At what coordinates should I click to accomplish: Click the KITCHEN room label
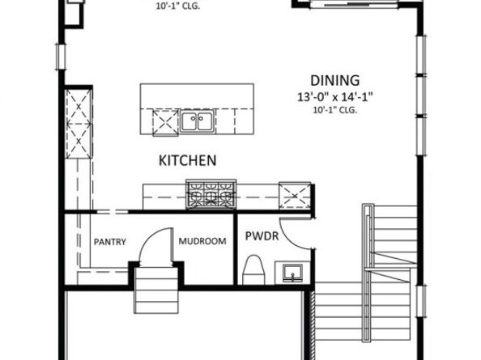tap(187, 160)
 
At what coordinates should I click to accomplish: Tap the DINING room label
tap(335, 81)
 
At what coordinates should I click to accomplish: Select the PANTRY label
tap(110, 242)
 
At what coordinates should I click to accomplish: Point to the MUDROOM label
tap(202, 241)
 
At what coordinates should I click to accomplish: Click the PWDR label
tap(262, 236)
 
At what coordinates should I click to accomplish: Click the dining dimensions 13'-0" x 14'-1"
tap(335, 97)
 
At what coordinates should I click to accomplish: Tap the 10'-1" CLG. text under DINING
tap(335, 110)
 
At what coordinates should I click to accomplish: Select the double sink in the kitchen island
tap(197, 121)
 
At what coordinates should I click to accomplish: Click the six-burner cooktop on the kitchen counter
tap(211, 194)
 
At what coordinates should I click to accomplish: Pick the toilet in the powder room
tap(253, 270)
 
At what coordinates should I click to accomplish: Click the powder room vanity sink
tap(292, 273)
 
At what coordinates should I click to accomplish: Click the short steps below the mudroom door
tap(156, 290)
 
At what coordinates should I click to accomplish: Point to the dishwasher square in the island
tap(165, 122)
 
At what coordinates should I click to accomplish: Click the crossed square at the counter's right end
tap(295, 196)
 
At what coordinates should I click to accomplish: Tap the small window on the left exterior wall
tap(61, 57)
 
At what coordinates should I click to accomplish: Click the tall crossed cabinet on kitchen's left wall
tap(79, 124)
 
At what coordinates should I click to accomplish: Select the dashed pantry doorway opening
tap(113, 211)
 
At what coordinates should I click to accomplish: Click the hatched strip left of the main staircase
tap(313, 325)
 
